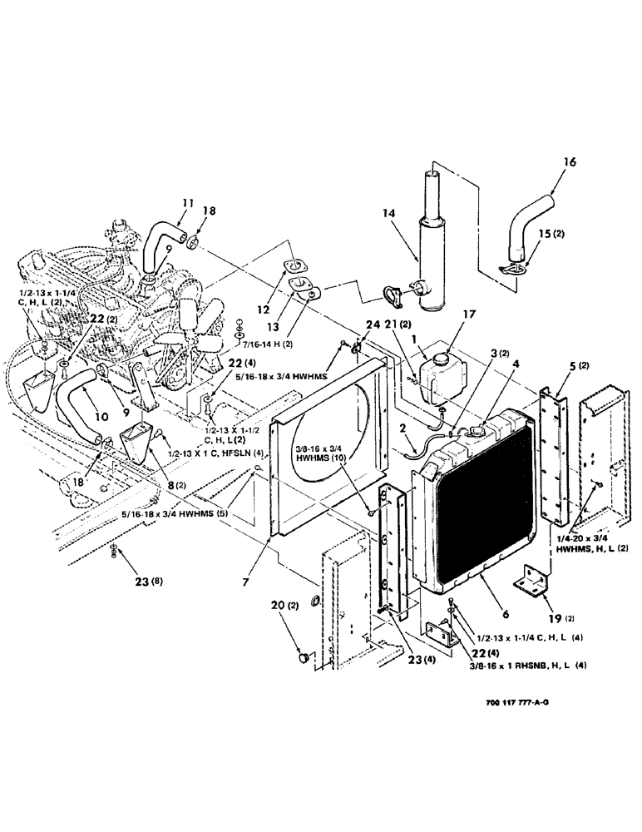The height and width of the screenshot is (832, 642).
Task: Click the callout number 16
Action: [546, 164]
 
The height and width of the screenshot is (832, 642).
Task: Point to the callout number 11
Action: [187, 202]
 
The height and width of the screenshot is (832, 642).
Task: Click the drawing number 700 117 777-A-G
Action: [510, 701]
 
